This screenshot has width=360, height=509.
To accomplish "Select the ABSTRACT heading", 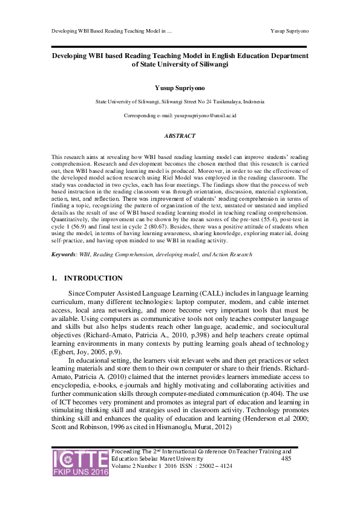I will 180,137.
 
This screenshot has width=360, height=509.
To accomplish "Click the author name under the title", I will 180,88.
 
